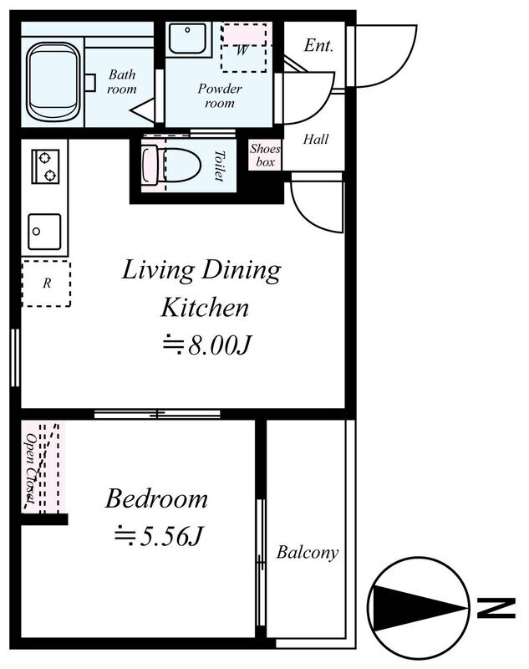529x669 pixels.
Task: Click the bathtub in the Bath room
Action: [x=53, y=82]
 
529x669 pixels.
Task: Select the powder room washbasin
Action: [x=188, y=38]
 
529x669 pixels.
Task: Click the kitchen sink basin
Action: [x=44, y=232]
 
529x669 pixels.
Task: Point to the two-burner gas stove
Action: [x=45, y=166]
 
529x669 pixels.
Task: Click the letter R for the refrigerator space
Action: [x=47, y=283]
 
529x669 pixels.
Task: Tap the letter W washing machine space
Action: [x=242, y=50]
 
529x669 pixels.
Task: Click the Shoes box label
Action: [x=265, y=156]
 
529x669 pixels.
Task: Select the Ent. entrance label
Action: [x=318, y=45]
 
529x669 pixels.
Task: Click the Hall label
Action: [x=315, y=139]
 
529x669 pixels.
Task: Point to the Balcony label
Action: [x=307, y=553]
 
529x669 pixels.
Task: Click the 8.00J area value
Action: [x=219, y=345]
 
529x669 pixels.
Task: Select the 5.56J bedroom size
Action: [x=170, y=536]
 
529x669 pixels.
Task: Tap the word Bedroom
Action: [x=156, y=498]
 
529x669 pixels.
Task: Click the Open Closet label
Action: [x=31, y=467]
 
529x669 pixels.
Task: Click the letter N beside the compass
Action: [x=496, y=608]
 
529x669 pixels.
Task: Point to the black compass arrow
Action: [x=419, y=608]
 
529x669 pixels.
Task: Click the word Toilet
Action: [x=219, y=166]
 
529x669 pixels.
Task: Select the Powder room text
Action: [x=220, y=95]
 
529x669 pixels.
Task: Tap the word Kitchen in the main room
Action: [x=205, y=308]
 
